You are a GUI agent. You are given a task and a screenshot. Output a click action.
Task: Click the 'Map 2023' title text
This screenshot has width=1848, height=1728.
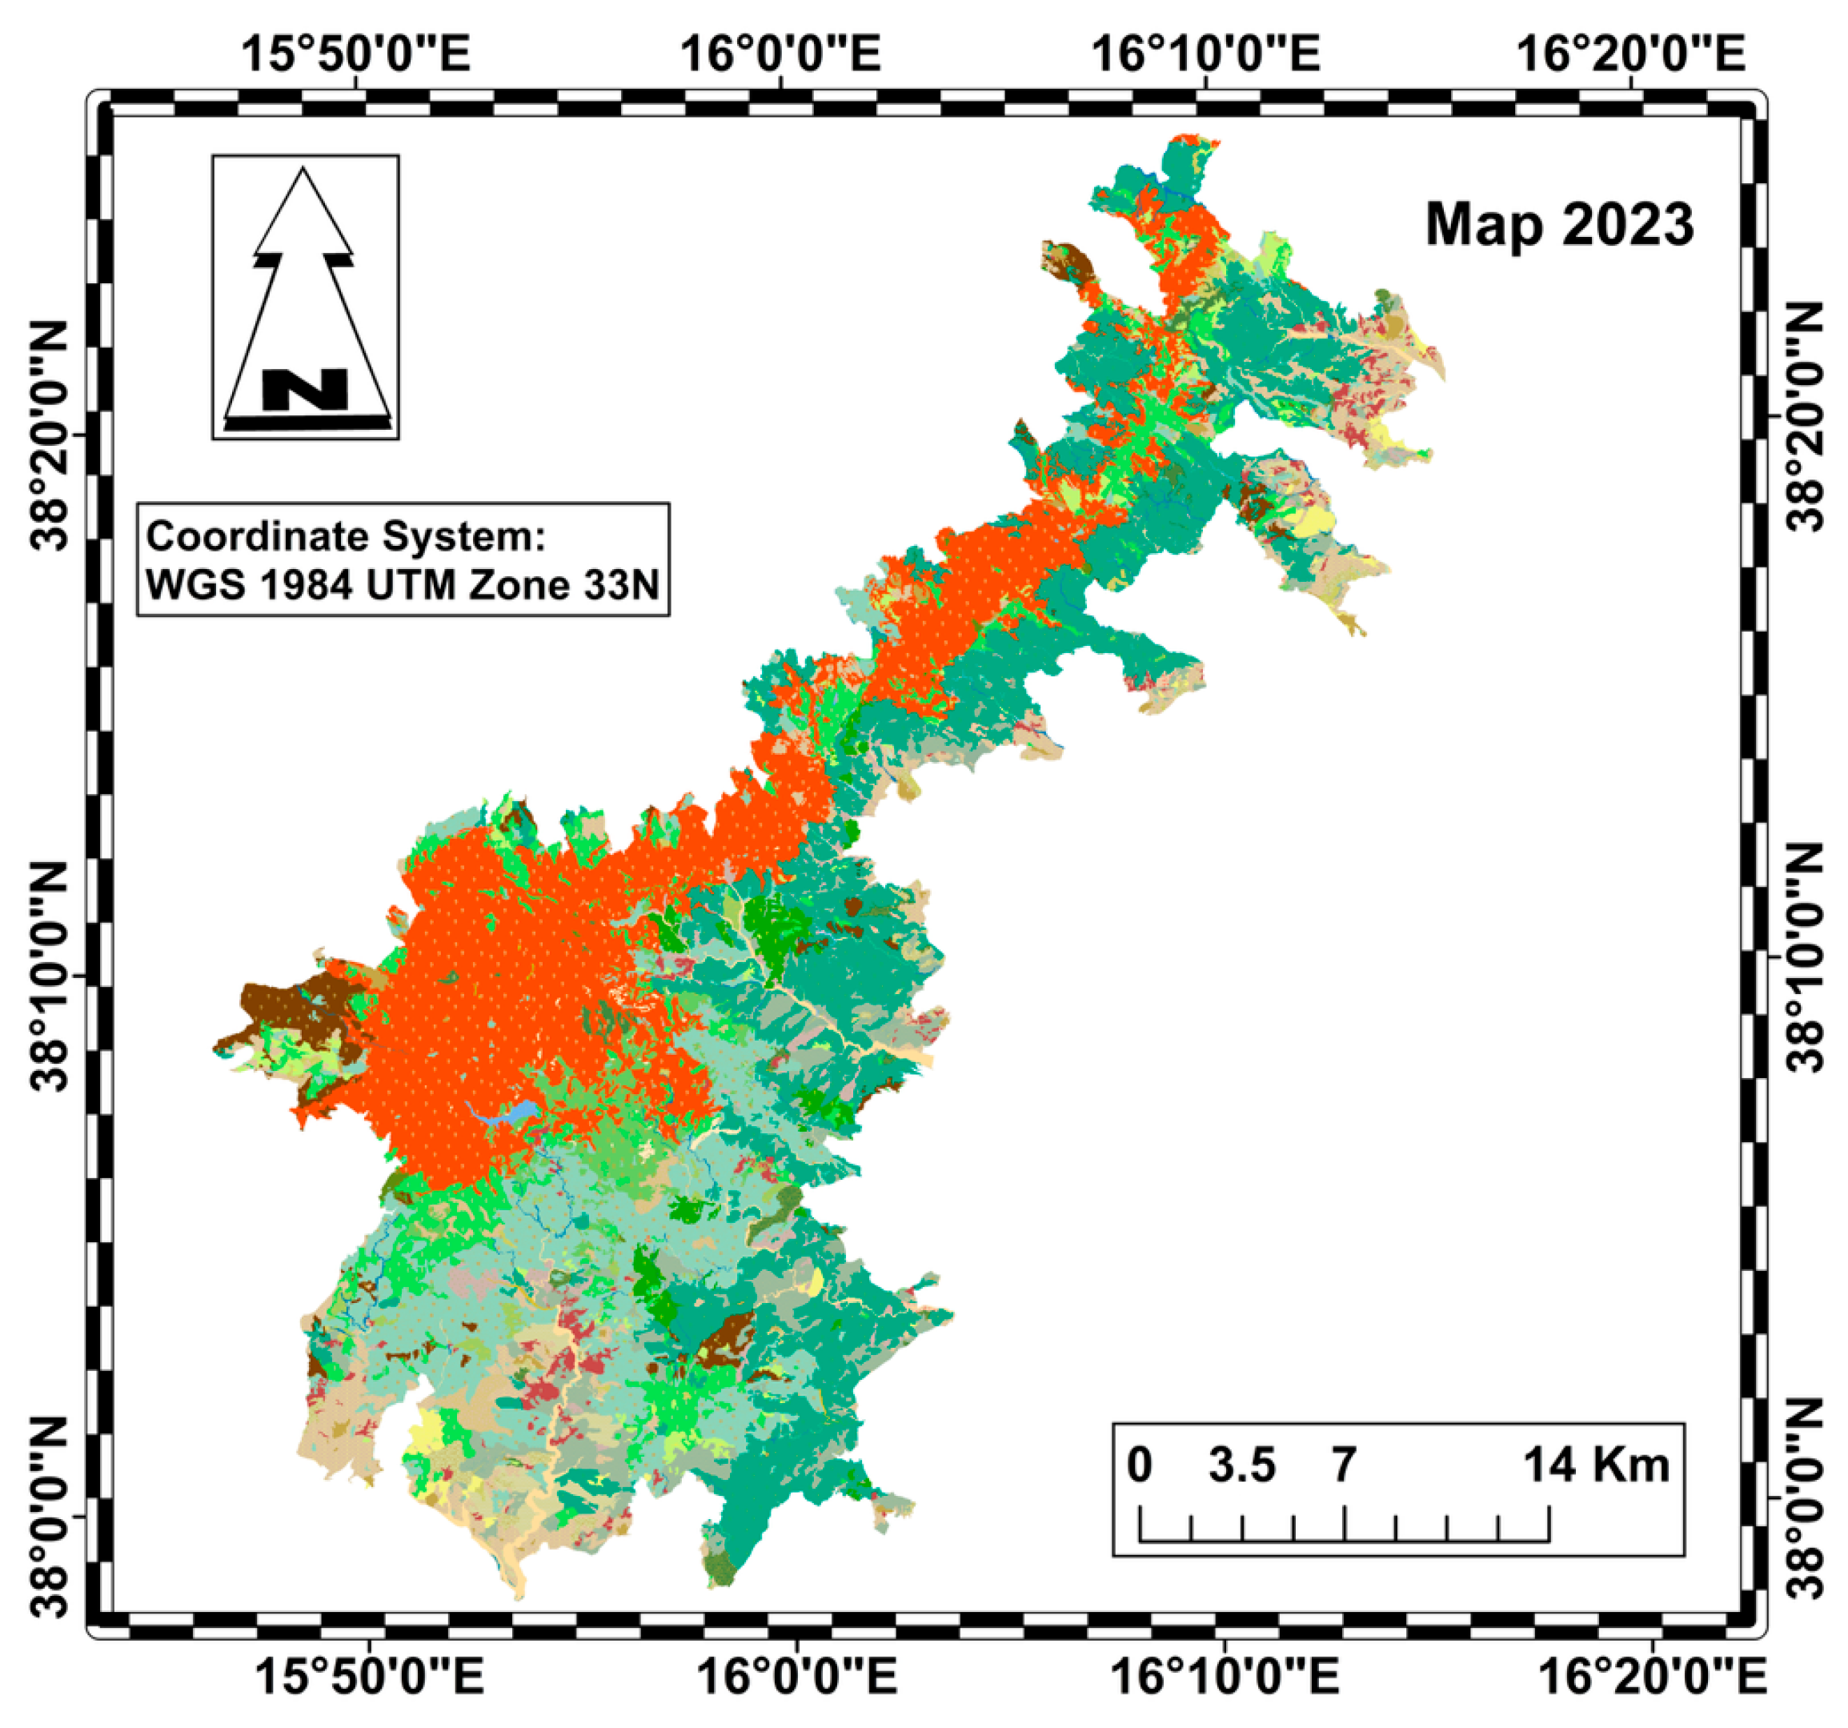coord(1559,225)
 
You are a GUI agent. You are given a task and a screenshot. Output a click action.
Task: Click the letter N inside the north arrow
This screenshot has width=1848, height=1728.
coord(305,390)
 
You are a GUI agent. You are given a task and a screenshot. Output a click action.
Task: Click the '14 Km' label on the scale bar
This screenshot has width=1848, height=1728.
coord(1595,1465)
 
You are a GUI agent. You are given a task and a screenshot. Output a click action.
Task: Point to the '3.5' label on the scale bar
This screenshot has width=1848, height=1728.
coord(1241,1465)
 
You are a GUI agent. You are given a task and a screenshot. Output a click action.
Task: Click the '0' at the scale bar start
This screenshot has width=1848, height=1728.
coord(1140,1465)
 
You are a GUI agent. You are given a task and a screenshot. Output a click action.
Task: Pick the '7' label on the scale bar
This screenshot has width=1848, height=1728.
coord(1343,1465)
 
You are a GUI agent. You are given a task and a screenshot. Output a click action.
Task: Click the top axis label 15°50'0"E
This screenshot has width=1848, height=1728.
coord(356,54)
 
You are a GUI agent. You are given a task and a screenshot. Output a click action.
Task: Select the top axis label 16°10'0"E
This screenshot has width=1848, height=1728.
coord(1205,54)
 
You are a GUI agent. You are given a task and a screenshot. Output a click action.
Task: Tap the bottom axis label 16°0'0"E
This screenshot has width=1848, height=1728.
coord(796,1676)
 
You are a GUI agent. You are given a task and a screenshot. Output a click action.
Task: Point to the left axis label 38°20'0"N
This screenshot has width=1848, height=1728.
coord(51,435)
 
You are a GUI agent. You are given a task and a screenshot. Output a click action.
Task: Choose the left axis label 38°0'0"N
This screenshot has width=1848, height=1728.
coord(51,1517)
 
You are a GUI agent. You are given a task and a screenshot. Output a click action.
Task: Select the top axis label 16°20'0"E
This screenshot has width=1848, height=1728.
coord(1630,54)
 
